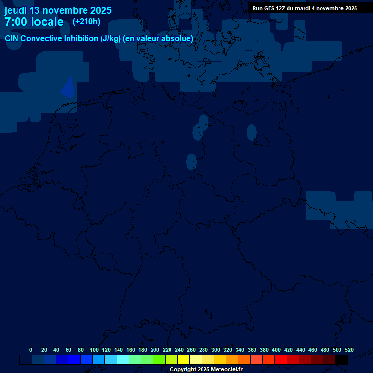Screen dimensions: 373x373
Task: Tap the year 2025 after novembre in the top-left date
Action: (101, 10)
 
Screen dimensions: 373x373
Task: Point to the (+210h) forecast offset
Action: (86, 22)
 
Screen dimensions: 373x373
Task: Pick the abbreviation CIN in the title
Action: (12, 38)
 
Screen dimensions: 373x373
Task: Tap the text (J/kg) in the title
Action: (111, 38)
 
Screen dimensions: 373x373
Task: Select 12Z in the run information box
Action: (284, 8)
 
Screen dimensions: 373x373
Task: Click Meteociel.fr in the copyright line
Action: (223, 370)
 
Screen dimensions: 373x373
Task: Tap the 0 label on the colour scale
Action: (31, 350)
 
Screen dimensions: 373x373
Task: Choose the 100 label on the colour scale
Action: (94, 350)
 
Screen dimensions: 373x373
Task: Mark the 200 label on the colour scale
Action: (155, 350)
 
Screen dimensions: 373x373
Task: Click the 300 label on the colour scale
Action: (216, 350)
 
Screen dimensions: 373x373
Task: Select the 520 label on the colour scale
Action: (349, 350)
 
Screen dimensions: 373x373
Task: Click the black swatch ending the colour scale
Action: (341, 360)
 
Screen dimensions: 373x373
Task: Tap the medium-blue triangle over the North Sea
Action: (68, 87)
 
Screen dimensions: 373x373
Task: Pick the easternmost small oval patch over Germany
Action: (252, 132)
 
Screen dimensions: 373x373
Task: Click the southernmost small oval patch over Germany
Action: (191, 162)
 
